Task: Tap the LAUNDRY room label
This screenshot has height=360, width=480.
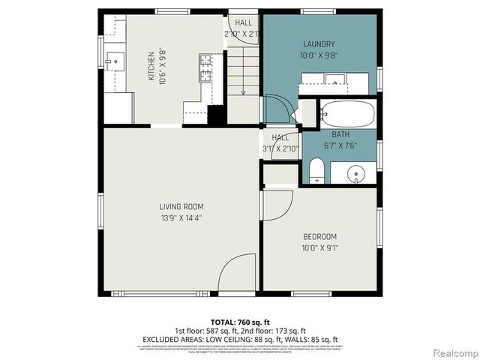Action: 319,44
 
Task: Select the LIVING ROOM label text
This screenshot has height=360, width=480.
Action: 181,206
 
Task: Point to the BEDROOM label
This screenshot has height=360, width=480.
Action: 319,235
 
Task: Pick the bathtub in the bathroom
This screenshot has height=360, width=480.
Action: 346,115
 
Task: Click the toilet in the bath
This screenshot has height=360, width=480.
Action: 316,170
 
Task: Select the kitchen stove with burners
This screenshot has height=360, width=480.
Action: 205,68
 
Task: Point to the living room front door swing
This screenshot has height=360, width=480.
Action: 238,271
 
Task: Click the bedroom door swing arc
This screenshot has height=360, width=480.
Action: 277,204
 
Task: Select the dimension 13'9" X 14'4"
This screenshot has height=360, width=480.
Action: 181,218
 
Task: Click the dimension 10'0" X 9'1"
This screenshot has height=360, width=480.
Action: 319,247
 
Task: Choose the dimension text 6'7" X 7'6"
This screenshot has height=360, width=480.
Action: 340,145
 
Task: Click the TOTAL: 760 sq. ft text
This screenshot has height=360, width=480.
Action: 239,321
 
